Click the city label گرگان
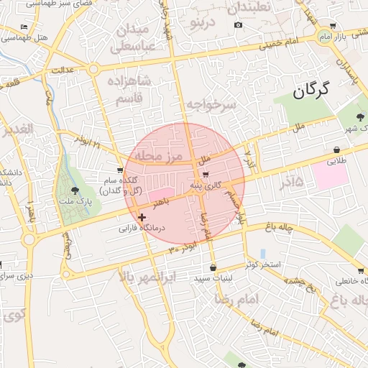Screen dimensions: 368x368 (x=310, y=91)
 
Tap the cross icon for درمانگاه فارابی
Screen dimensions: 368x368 (x=142, y=216)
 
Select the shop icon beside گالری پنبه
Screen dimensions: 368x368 (x=206, y=175)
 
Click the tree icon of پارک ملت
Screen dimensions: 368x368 (x=75, y=190)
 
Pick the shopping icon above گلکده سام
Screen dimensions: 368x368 (x=120, y=170)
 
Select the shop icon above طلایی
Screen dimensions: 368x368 (x=336, y=149)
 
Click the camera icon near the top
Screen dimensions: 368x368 (x=239, y=25)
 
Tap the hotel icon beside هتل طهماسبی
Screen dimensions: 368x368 (x=24, y=27)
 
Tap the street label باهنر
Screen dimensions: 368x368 (x=169, y=204)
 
